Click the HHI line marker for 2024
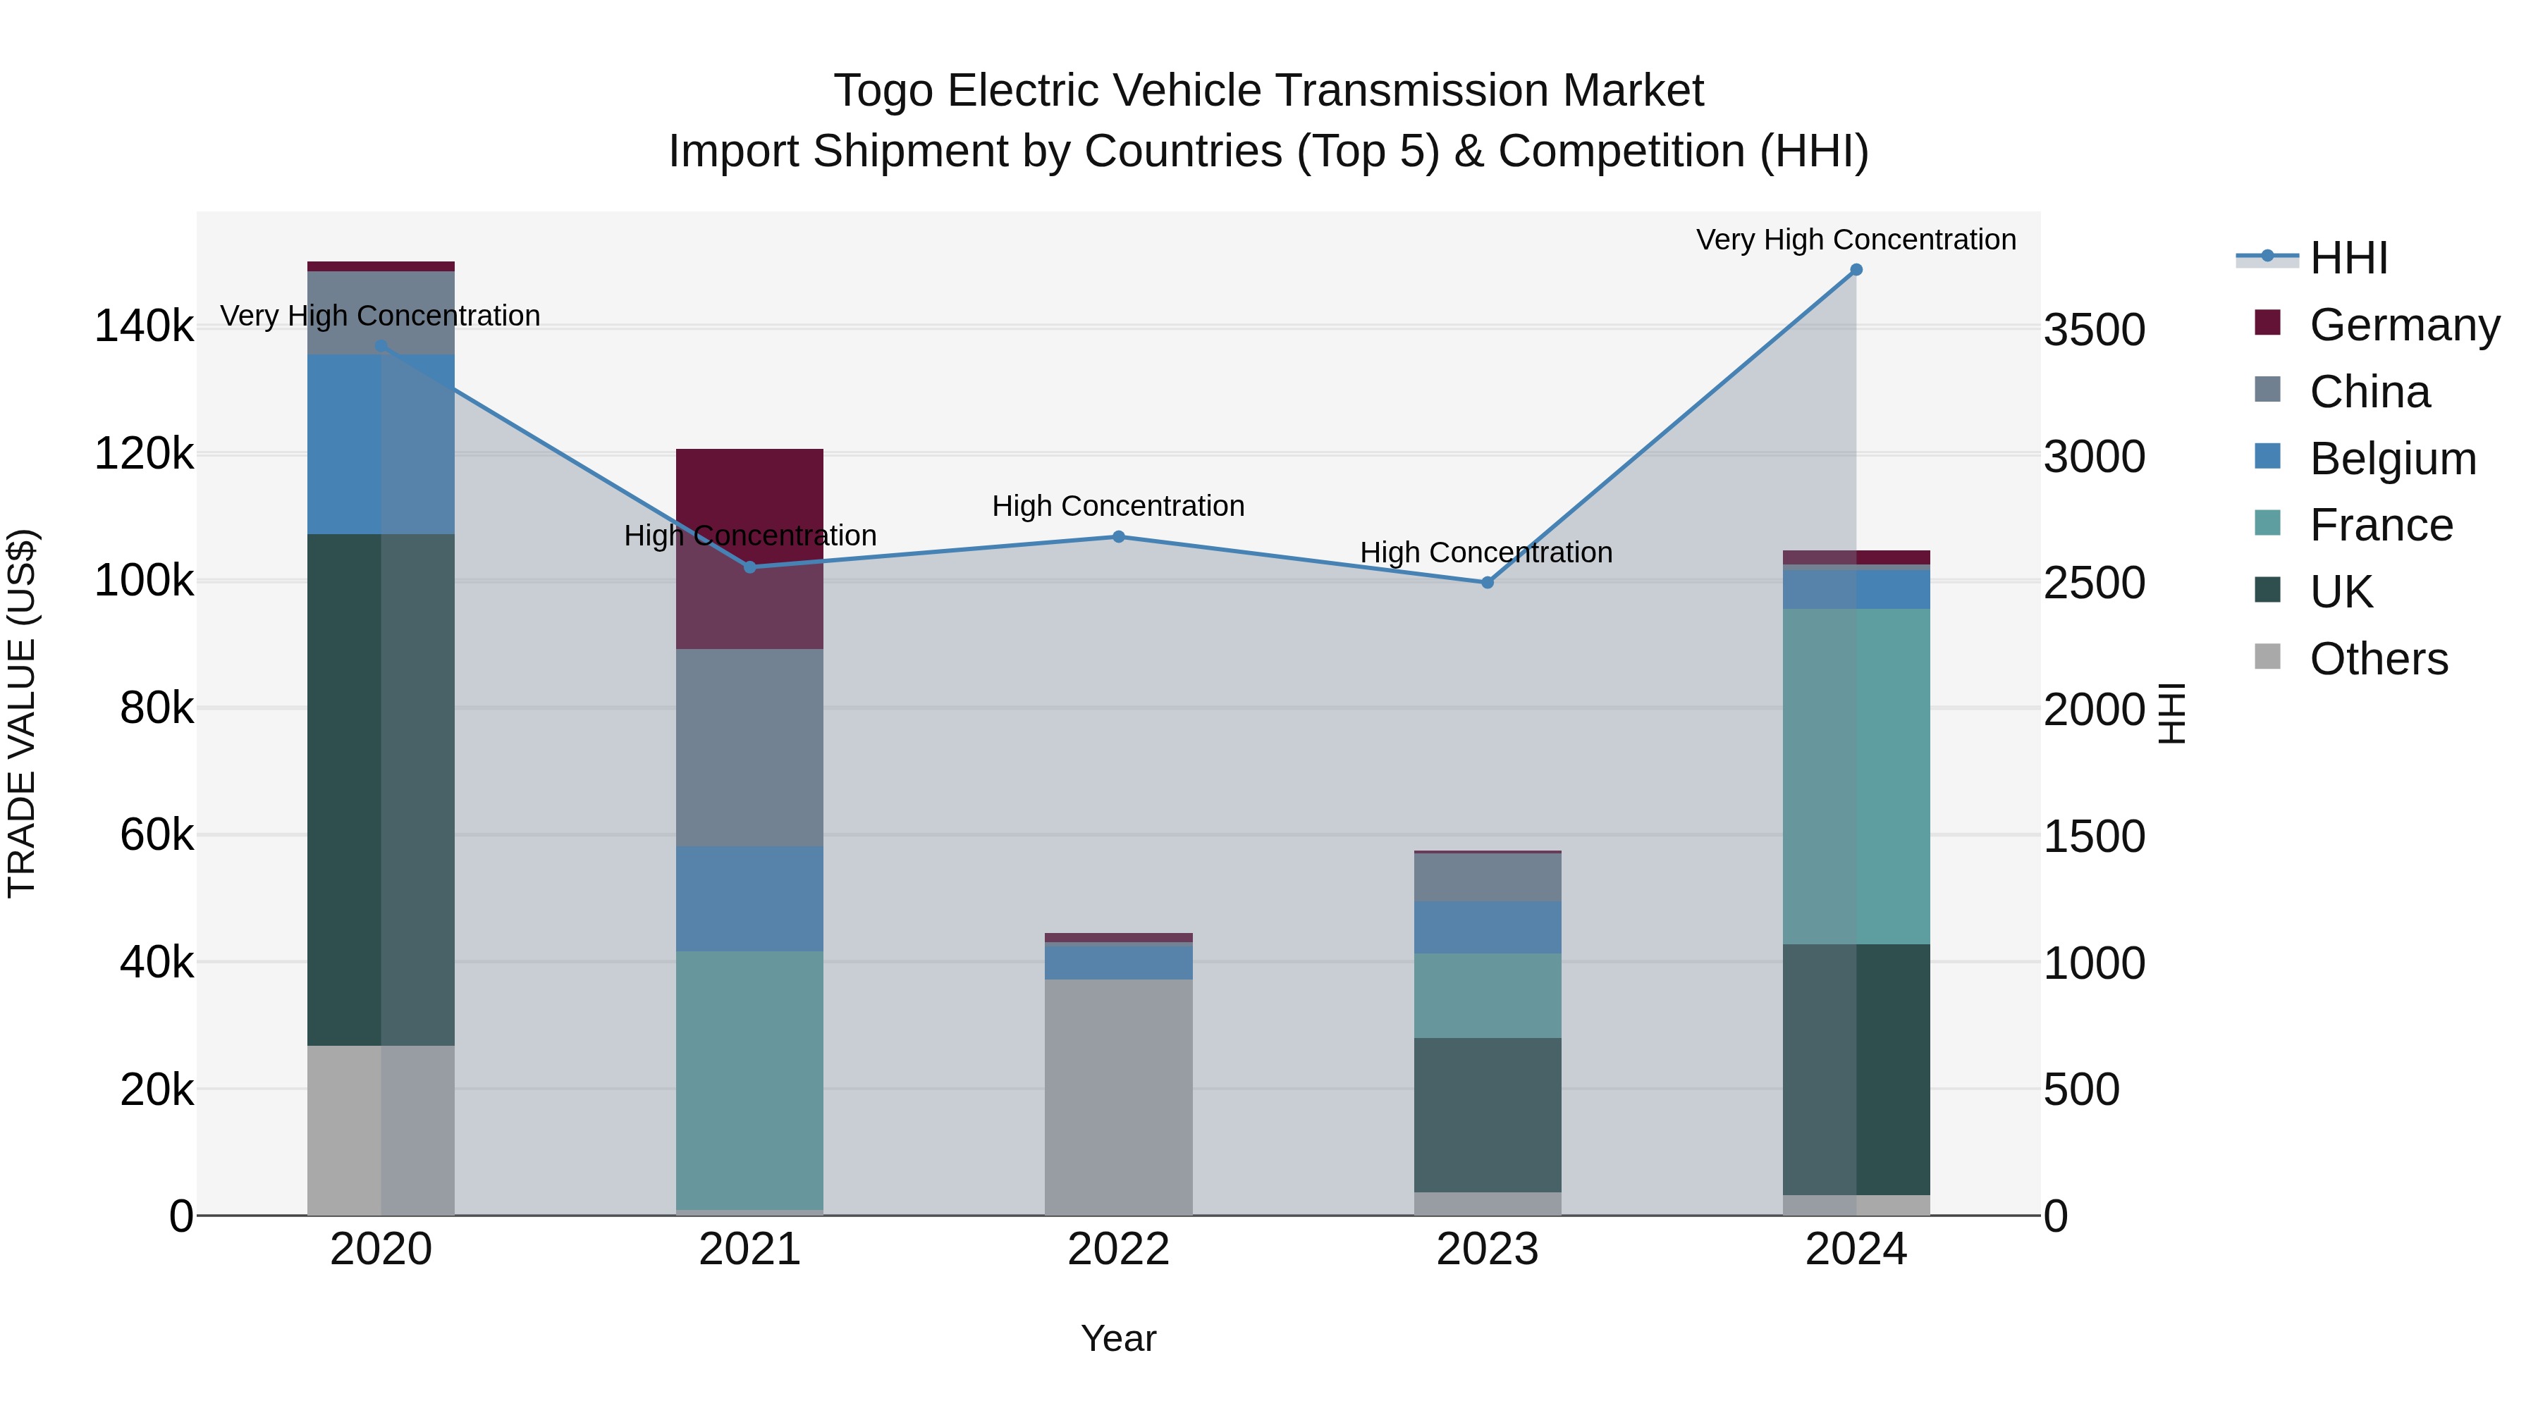pyautogui.click(x=1856, y=270)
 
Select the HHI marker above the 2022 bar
pyautogui.click(x=1118, y=537)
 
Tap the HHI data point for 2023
pyautogui.click(x=1487, y=583)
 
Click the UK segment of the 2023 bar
pyautogui.click(x=1487, y=1114)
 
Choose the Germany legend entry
pyautogui.click(x=2404, y=325)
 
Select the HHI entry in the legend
pyautogui.click(x=2348, y=258)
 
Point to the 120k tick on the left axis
pyautogui.click(x=144, y=454)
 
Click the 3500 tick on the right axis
pyautogui.click(x=2094, y=330)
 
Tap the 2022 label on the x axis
pyautogui.click(x=1118, y=1249)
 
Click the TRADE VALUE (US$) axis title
pyautogui.click(x=22, y=713)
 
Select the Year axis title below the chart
pyautogui.click(x=1118, y=1338)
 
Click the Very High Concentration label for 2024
pyautogui.click(x=1856, y=240)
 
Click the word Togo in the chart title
pyautogui.click(x=883, y=91)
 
